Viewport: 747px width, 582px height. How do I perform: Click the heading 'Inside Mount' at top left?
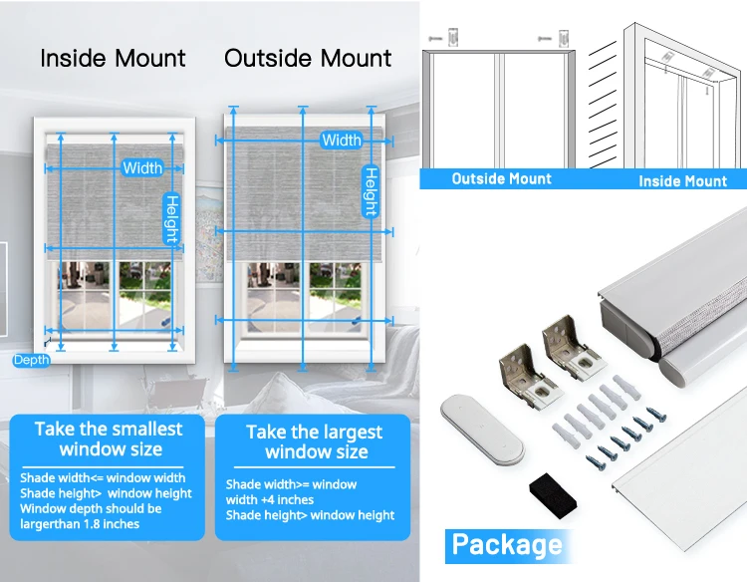point(113,58)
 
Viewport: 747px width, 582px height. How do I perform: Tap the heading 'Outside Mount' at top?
point(308,58)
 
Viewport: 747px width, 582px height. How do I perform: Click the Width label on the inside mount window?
point(142,167)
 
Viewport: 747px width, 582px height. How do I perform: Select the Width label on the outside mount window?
point(342,141)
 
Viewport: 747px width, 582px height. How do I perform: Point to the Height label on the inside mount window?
point(171,217)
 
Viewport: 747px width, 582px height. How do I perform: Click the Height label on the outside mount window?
point(370,191)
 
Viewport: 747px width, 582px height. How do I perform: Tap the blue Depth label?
point(31,360)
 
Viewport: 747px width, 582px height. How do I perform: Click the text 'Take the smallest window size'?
point(110,438)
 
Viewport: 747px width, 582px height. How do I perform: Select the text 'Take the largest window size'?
point(314,441)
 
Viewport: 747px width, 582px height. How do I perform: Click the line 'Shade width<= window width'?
point(103,478)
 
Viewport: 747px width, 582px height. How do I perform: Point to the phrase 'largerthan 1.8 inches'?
point(80,524)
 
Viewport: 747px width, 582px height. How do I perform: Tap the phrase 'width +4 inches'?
point(269,500)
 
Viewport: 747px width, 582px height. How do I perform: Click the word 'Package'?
point(506,544)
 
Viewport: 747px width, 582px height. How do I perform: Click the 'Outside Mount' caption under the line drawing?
point(501,179)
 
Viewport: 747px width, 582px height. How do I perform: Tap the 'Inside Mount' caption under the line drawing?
point(682,180)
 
